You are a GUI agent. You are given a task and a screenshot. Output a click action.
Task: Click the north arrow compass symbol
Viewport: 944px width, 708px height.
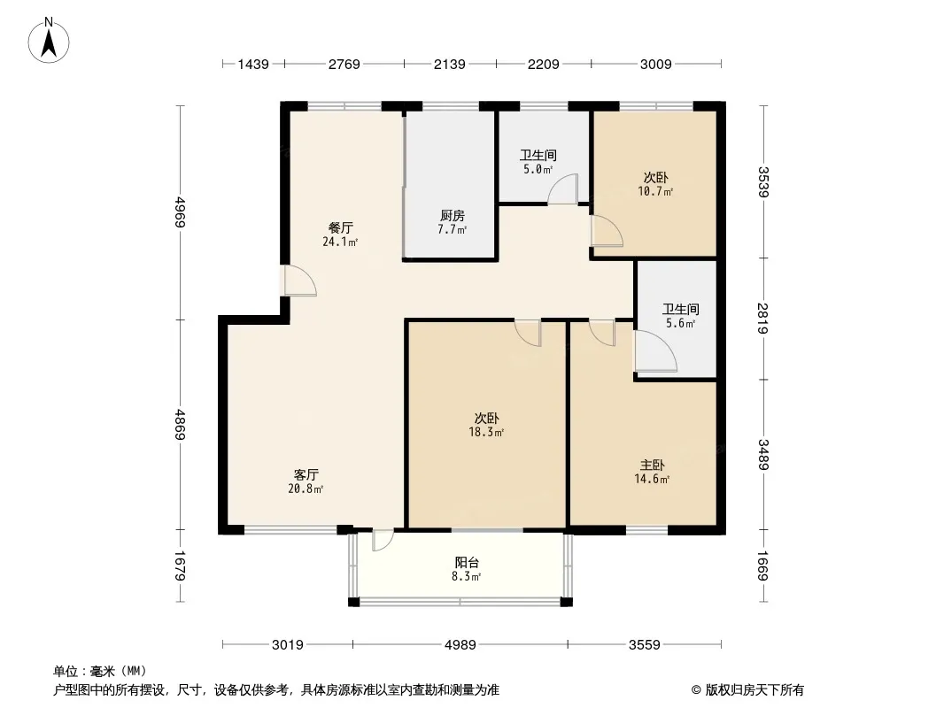click(x=49, y=41)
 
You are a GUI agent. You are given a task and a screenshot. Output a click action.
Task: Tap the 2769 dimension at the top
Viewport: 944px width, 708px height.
click(x=344, y=64)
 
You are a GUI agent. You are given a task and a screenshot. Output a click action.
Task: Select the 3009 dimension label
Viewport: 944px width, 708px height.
click(x=655, y=64)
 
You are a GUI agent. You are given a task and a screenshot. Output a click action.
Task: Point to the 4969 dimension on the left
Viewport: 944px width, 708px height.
click(x=180, y=212)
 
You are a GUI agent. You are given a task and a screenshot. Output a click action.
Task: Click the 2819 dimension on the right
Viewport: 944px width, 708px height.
click(x=762, y=319)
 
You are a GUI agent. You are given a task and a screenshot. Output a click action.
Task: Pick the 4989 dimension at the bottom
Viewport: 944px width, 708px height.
click(x=460, y=645)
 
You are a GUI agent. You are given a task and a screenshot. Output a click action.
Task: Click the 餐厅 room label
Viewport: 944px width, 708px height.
click(x=341, y=228)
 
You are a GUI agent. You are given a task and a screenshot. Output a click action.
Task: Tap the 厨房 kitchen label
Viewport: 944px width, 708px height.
click(x=453, y=215)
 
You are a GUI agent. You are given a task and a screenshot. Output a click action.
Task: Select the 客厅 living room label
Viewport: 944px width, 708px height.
click(x=306, y=474)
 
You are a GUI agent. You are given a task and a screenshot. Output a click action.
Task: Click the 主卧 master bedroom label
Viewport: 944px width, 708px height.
click(x=652, y=465)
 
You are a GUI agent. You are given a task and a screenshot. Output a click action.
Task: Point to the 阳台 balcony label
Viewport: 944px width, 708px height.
click(x=467, y=563)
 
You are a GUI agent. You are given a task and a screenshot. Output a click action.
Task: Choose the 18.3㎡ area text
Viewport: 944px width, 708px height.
click(x=486, y=432)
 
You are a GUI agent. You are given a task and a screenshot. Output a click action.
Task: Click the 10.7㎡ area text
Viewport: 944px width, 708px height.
click(x=655, y=192)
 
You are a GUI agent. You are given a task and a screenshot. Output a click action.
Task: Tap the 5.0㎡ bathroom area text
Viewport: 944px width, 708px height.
click(x=538, y=170)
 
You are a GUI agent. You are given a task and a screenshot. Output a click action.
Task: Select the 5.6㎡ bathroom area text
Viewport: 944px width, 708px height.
click(x=681, y=324)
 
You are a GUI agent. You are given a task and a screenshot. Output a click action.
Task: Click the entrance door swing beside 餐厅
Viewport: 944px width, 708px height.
click(x=299, y=281)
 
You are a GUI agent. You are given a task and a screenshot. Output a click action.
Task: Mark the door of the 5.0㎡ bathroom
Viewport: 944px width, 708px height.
click(x=563, y=189)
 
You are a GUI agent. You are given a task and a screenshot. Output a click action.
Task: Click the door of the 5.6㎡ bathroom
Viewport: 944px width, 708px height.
click(x=655, y=352)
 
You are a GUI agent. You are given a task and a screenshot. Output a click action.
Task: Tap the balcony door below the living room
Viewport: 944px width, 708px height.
click(x=383, y=540)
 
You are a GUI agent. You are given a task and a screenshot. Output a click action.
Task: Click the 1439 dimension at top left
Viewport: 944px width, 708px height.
click(x=253, y=64)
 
